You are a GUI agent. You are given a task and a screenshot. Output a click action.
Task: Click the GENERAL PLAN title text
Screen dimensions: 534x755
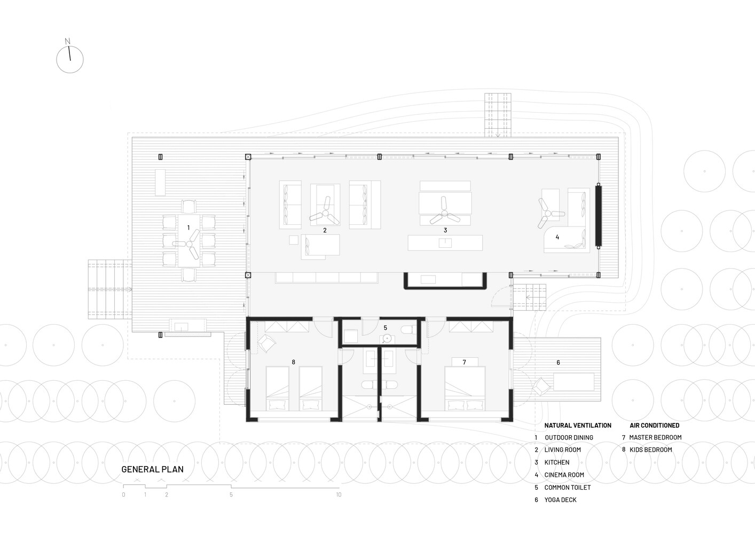coord(152,469)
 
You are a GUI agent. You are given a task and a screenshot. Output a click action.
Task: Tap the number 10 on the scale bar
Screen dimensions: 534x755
coord(339,495)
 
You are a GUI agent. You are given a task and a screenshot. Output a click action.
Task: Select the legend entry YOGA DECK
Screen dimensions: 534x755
coord(560,500)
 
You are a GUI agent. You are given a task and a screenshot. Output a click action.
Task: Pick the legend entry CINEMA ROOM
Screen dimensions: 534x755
coord(564,475)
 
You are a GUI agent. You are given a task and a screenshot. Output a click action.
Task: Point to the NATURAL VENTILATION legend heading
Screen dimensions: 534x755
coord(578,426)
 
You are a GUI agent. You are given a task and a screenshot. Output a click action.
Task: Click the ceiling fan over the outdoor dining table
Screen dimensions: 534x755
coord(189,243)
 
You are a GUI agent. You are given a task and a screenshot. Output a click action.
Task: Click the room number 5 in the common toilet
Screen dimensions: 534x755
coord(385,327)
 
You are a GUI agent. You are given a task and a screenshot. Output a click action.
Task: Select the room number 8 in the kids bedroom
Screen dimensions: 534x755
coord(293,362)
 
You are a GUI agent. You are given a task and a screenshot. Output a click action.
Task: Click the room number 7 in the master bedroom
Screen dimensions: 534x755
coord(464,362)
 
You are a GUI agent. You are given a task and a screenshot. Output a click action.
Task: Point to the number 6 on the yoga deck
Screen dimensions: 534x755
coord(559,363)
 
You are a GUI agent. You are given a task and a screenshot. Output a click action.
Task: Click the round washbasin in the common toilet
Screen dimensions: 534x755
coord(386,339)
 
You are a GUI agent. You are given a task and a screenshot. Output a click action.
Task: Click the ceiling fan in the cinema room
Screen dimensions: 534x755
coord(549,211)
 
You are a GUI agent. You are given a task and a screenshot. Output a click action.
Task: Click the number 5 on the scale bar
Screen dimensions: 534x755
coord(231,495)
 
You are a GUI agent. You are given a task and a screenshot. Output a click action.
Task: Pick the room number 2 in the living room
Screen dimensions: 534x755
coord(325,231)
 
